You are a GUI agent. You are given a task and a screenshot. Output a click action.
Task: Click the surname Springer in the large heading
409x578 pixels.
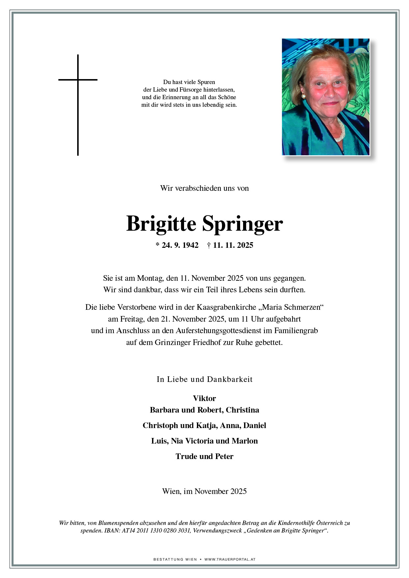pos(242,224)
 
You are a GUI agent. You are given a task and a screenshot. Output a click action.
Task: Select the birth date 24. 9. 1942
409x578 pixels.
pos(177,245)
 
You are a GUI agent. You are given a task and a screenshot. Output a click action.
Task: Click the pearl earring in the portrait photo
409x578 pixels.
pos(303,96)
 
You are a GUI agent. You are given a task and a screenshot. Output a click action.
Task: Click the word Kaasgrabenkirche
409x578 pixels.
pos(226,307)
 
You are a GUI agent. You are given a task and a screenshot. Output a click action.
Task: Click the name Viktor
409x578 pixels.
pos(204,398)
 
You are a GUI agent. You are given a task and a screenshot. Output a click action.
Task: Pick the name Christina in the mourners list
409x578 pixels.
pos(242,410)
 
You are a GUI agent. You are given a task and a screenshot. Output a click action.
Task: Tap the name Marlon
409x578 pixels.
pos(245,441)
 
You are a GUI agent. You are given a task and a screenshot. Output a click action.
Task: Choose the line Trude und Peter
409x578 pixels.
pos(204,456)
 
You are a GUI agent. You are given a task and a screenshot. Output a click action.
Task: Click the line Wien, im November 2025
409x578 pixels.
pos(204,491)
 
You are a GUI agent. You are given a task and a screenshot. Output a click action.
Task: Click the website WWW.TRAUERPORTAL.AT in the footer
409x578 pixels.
pos(230,559)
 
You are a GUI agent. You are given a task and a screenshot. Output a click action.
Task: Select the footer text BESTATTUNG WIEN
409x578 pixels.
pos(175,559)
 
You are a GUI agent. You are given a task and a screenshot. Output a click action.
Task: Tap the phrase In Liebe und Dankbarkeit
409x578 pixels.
pos(204,379)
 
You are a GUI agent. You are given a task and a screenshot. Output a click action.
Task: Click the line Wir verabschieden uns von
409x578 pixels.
pos(204,188)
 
